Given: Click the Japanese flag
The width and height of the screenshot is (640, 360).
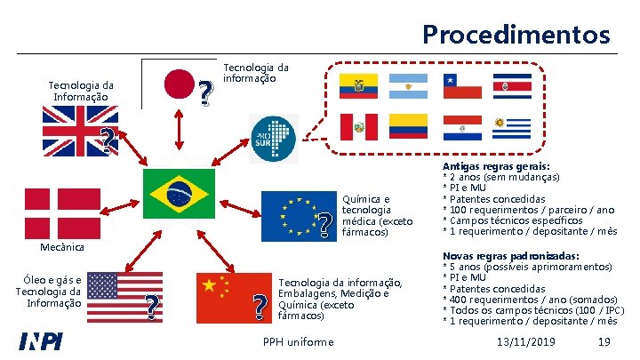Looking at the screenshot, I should (x=181, y=84).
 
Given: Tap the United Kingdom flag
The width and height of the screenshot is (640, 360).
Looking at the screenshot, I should (x=74, y=130).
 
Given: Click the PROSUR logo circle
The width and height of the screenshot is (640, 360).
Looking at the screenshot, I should (x=272, y=139).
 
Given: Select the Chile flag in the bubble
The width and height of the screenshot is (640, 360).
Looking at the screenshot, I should (x=462, y=85).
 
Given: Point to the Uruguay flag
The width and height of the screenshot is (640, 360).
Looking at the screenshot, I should (x=512, y=126).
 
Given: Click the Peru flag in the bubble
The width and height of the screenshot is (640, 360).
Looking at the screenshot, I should (x=359, y=126).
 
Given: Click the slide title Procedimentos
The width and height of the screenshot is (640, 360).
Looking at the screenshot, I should (x=516, y=35).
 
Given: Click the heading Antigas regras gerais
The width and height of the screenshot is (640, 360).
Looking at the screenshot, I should (x=496, y=166).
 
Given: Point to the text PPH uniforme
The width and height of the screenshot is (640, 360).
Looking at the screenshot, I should (x=300, y=342).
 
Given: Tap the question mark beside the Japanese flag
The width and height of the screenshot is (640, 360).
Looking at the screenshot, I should (x=206, y=92).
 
